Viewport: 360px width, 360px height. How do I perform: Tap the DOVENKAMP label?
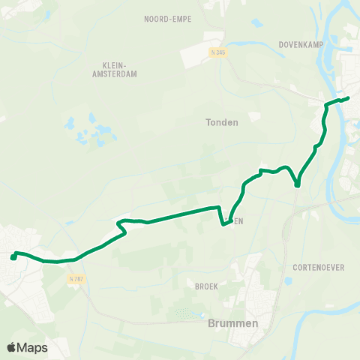pos(300,43)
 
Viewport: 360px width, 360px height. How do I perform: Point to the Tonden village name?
pos(221,122)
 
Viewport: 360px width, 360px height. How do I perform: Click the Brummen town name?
pos(232,323)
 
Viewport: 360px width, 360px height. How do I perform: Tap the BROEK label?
pos(205,286)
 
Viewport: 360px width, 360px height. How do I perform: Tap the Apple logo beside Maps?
pos(12,347)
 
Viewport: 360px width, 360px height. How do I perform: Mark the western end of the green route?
pos(13,257)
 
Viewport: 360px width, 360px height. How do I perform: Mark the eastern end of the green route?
pos(348,98)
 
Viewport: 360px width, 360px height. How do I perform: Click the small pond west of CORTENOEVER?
pos(289,281)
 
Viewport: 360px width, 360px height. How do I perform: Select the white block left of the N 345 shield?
pos(199,52)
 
